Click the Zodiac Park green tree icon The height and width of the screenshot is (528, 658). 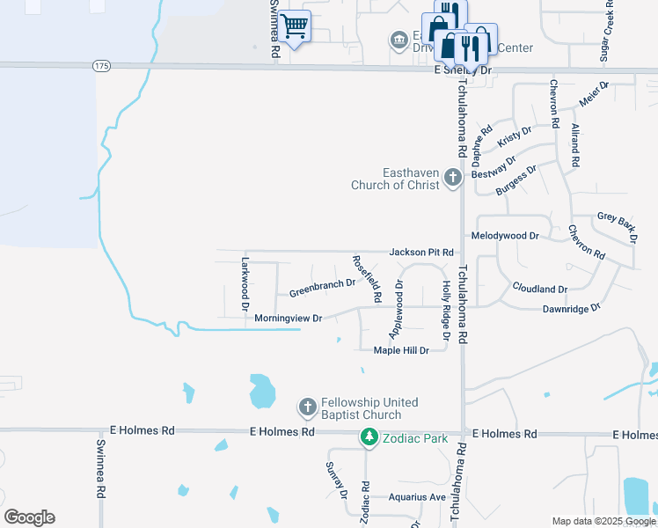(370, 436)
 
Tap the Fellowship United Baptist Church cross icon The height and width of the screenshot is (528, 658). (308, 407)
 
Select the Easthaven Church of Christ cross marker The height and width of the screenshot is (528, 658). (453, 178)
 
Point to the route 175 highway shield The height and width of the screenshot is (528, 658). (101, 66)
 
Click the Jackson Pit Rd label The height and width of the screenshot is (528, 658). (421, 253)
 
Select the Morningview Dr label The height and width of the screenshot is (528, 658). (289, 318)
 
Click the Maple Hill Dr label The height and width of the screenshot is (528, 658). (400, 350)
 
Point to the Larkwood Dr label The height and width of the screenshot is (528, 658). (245, 283)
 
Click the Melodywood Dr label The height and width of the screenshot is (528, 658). (504, 237)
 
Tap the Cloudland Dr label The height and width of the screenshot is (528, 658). (539, 289)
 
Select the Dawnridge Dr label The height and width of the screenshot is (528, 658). (570, 308)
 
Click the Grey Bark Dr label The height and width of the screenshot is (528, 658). (616, 225)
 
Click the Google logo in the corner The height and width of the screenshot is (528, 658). (29, 517)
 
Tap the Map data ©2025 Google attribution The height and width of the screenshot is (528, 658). (603, 521)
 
